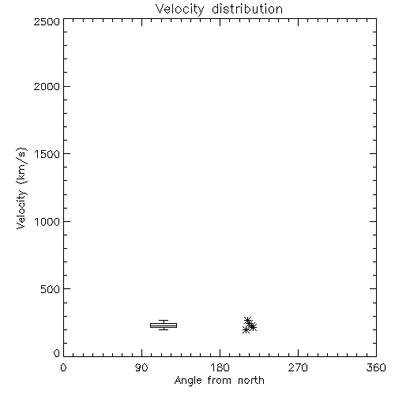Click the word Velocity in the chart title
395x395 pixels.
[x=179, y=9]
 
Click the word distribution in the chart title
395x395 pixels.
[x=247, y=9]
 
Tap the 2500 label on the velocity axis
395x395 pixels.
[x=47, y=21]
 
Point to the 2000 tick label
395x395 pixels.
[x=47, y=86]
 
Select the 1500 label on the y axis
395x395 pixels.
[x=47, y=154]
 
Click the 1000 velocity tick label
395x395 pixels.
[x=47, y=221]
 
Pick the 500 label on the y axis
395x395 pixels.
[x=50, y=289]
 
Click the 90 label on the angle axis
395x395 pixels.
[x=141, y=367]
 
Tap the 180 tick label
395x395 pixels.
[x=220, y=367]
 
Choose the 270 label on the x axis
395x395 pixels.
[x=298, y=367]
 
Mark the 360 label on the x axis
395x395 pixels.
[x=376, y=367]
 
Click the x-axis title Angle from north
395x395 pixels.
[x=220, y=381]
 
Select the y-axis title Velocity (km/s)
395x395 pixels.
[x=21, y=188]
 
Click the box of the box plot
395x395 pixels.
[x=164, y=325]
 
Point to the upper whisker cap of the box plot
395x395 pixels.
[x=164, y=321]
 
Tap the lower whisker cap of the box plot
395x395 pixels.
[x=164, y=329]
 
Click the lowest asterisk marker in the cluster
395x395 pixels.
[x=246, y=329]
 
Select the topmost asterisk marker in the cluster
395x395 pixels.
[x=247, y=320]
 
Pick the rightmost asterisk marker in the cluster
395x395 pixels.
[x=253, y=327]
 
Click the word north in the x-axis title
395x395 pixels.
[x=251, y=380]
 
